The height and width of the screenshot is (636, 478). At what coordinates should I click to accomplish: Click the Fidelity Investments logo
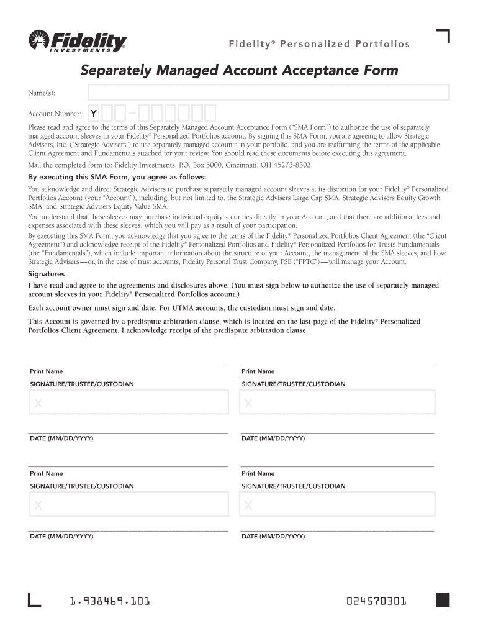[x=78, y=42]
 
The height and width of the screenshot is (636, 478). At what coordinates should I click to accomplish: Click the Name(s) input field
[x=269, y=93]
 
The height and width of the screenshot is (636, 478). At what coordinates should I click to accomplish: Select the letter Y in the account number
[x=93, y=114]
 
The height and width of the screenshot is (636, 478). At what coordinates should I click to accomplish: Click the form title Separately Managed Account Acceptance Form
[x=239, y=70]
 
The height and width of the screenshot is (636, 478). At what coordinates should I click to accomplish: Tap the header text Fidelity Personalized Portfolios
[x=319, y=44]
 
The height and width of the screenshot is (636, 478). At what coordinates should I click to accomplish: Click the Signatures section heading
[x=47, y=274]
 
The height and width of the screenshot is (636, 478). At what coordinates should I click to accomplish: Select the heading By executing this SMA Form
[x=117, y=176]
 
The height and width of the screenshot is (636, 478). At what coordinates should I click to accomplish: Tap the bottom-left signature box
[x=129, y=504]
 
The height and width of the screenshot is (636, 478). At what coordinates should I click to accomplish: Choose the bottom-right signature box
[x=338, y=504]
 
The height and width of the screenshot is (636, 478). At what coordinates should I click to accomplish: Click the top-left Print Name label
[x=47, y=371]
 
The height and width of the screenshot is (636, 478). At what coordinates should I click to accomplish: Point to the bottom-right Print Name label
[x=258, y=473]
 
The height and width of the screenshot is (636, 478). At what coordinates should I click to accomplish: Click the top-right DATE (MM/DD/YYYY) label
[x=273, y=438]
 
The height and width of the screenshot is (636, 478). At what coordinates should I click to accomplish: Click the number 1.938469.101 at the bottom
[x=109, y=601]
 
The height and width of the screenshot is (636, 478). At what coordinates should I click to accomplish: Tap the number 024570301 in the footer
[x=377, y=601]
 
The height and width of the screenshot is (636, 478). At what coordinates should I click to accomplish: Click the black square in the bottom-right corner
[x=443, y=600]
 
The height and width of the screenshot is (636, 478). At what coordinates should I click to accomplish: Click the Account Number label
[x=55, y=114]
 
